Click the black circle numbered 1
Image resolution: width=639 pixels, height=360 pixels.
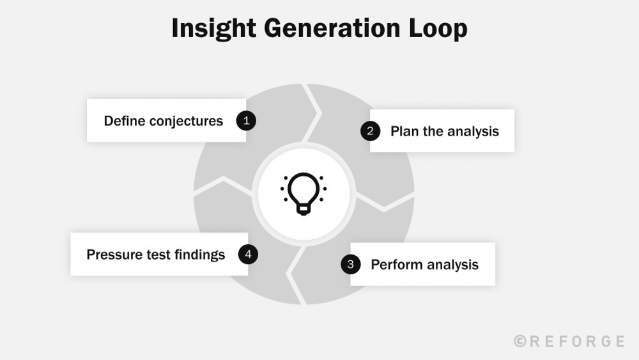[x=246, y=121]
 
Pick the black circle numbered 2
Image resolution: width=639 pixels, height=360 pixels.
[x=370, y=131]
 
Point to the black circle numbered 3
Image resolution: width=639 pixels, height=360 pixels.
[x=350, y=264]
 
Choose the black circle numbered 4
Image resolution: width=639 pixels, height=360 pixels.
[x=248, y=254]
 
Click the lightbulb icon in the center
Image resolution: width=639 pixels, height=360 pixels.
[x=304, y=192]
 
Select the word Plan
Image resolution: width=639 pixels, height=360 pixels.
[x=404, y=131]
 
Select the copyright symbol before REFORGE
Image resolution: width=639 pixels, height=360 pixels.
[x=520, y=341]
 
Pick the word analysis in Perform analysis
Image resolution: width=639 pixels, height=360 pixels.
[x=452, y=264]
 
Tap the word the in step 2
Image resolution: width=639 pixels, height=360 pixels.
[x=433, y=131]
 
